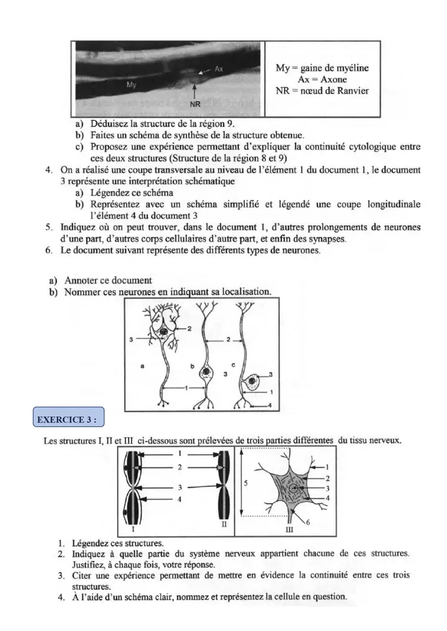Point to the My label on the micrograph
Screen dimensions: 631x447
[x=132, y=84]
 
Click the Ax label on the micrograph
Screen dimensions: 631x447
[x=219, y=69]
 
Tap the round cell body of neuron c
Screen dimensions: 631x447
[x=252, y=381]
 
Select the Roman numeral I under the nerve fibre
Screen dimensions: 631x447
[x=134, y=530]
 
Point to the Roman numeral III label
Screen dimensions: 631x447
[x=289, y=531]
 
